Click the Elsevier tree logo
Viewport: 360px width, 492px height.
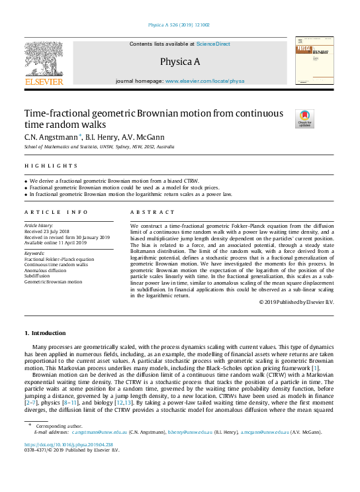tap(44, 60)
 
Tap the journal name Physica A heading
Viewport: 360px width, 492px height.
tap(179, 62)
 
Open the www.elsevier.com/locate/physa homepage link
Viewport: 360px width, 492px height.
tap(204, 81)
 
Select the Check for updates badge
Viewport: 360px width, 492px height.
tap(304, 119)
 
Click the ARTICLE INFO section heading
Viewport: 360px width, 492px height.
tap(56, 212)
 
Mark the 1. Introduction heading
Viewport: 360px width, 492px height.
tap(45, 333)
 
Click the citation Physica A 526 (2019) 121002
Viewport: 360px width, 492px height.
tap(180, 25)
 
